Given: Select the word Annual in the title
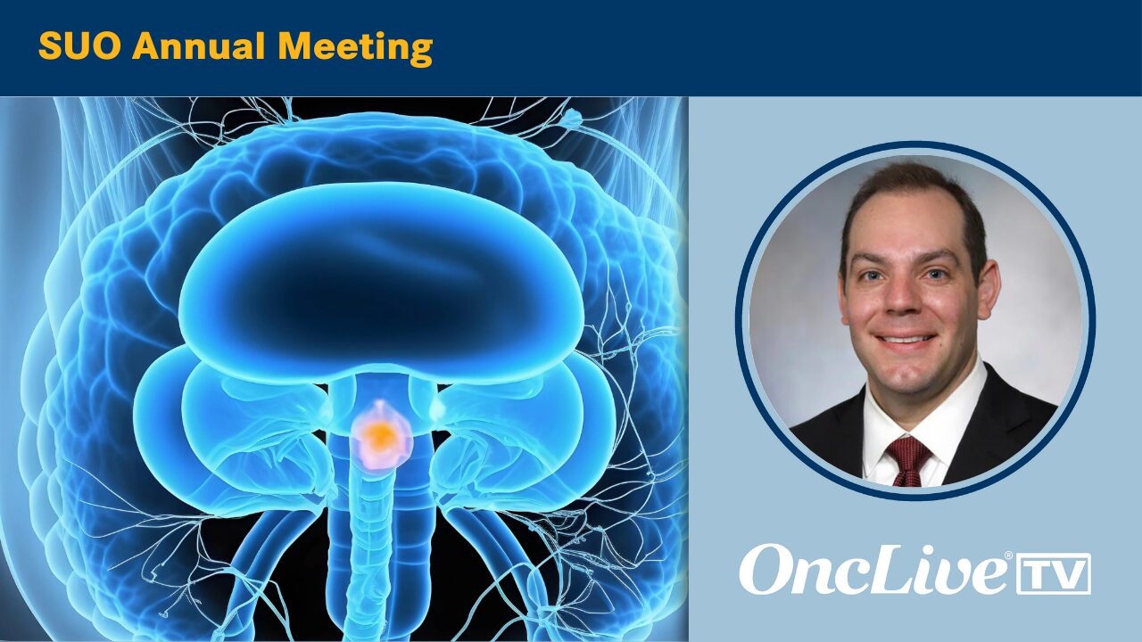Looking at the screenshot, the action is click(x=199, y=47).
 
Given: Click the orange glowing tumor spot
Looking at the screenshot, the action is click(x=381, y=433).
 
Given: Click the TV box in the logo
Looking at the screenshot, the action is click(x=1054, y=573).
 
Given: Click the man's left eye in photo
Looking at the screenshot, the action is click(x=872, y=276).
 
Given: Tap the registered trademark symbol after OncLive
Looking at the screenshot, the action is click(x=1008, y=555).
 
